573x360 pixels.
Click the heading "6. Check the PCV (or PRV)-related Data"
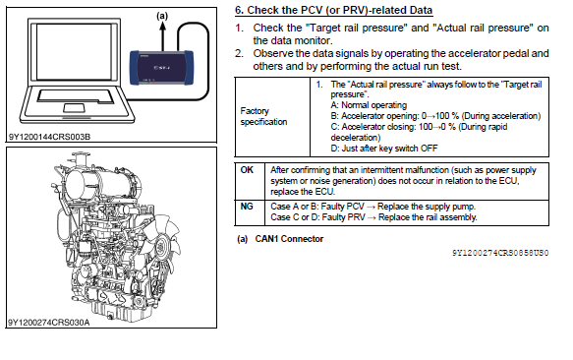(333, 10)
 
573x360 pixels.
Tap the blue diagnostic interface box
(161, 68)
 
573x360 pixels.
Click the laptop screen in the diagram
(74, 51)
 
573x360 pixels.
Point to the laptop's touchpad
(74, 108)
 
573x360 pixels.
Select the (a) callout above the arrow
(162, 16)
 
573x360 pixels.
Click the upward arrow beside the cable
(162, 35)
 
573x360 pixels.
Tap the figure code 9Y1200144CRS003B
(49, 137)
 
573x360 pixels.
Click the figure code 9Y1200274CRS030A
(48, 323)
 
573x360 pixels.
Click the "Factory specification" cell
(263, 116)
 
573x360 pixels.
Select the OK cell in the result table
(247, 170)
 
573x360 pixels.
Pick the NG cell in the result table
(247, 207)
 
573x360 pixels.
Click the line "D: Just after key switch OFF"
(384, 149)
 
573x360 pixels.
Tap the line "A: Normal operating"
(369, 105)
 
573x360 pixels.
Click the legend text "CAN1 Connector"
(289, 239)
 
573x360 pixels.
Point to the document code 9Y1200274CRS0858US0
(500, 253)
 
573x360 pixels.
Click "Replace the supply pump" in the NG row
(427, 207)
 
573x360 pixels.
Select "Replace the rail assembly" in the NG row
(428, 217)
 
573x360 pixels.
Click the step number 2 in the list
(239, 53)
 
